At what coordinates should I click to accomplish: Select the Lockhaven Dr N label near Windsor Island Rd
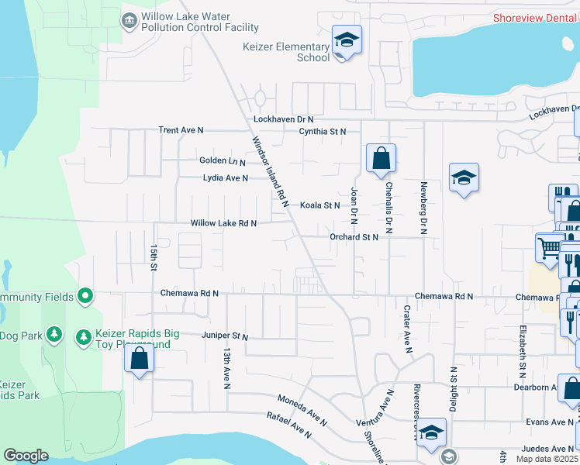click(284, 119)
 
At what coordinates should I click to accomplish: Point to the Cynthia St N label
click(322, 132)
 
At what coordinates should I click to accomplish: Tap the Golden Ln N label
click(222, 161)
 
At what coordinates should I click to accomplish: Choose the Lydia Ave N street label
click(225, 178)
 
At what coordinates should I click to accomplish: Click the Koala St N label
click(320, 205)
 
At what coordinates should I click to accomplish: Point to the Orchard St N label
click(354, 237)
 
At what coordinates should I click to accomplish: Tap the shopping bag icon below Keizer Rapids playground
click(139, 359)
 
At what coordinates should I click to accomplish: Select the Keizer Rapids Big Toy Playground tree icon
click(83, 337)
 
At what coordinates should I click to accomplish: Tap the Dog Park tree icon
click(54, 334)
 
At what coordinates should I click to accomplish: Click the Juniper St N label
click(223, 337)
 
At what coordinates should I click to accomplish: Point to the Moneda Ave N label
click(303, 409)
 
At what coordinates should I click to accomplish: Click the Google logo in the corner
click(26, 456)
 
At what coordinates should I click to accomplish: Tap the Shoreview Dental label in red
click(535, 17)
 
